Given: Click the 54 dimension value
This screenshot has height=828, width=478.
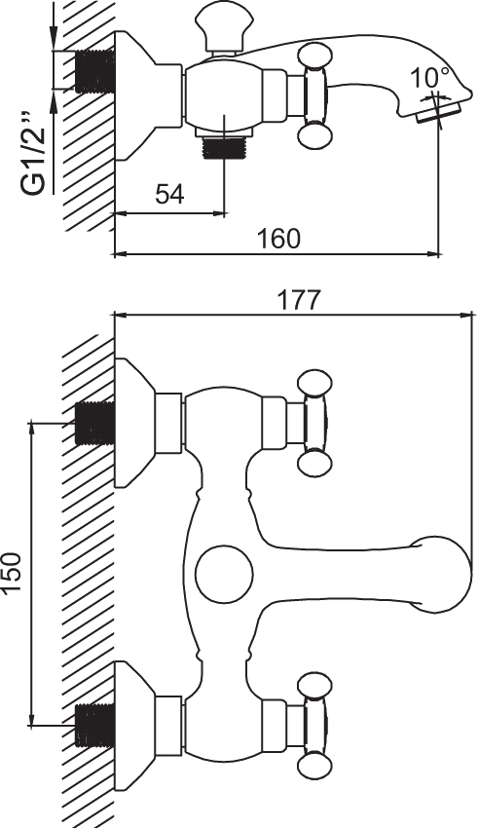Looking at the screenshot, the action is click(x=170, y=194).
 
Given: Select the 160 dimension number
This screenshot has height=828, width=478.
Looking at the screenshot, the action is click(x=278, y=238).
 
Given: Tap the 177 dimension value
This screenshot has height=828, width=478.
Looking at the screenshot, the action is click(x=299, y=300).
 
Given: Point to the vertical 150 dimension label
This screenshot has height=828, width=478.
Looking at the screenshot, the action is click(x=11, y=572).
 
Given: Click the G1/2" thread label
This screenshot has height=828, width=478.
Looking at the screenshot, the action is click(x=33, y=154).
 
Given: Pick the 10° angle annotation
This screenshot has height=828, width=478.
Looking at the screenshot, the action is click(x=430, y=78).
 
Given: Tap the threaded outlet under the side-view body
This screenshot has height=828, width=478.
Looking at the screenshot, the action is click(x=224, y=147).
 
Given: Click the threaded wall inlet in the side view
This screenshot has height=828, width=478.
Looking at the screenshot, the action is click(x=95, y=71).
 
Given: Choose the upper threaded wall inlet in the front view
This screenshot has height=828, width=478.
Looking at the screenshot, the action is click(x=95, y=423).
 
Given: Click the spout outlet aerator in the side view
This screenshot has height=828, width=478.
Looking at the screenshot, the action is click(x=440, y=112).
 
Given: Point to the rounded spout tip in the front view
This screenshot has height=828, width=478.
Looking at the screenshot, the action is click(x=443, y=575).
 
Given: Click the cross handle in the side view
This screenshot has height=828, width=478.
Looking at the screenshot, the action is click(x=314, y=95).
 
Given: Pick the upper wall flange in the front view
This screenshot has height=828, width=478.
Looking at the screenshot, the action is click(x=135, y=423).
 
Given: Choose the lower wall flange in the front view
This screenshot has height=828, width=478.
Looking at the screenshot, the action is click(x=135, y=725).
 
